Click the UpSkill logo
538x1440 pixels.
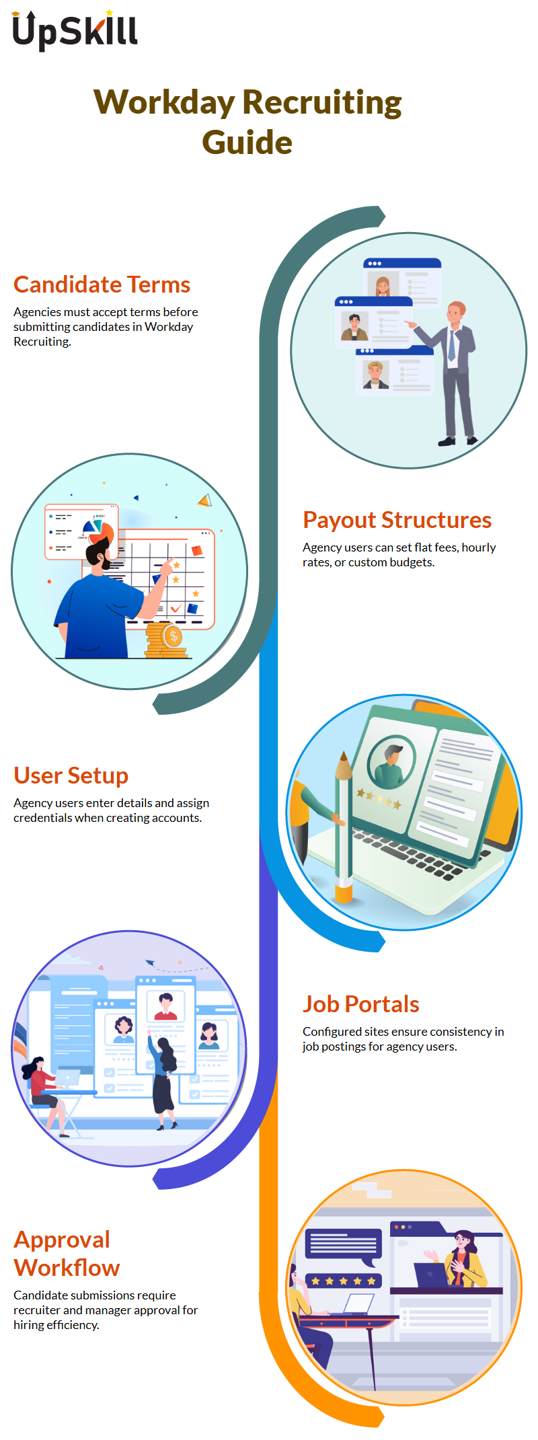[75, 30]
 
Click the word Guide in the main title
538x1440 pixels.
[247, 143]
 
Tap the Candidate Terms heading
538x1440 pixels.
[102, 285]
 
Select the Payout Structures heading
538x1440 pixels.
[397, 520]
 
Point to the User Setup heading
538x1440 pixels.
[71, 775]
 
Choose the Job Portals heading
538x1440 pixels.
[361, 1004]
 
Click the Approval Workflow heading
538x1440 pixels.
[67, 1254]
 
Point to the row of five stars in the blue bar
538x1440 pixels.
[344, 1281]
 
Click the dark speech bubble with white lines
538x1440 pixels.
[344, 1246]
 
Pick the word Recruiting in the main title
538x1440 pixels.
[322, 103]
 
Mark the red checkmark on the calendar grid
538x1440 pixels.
[176, 609]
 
